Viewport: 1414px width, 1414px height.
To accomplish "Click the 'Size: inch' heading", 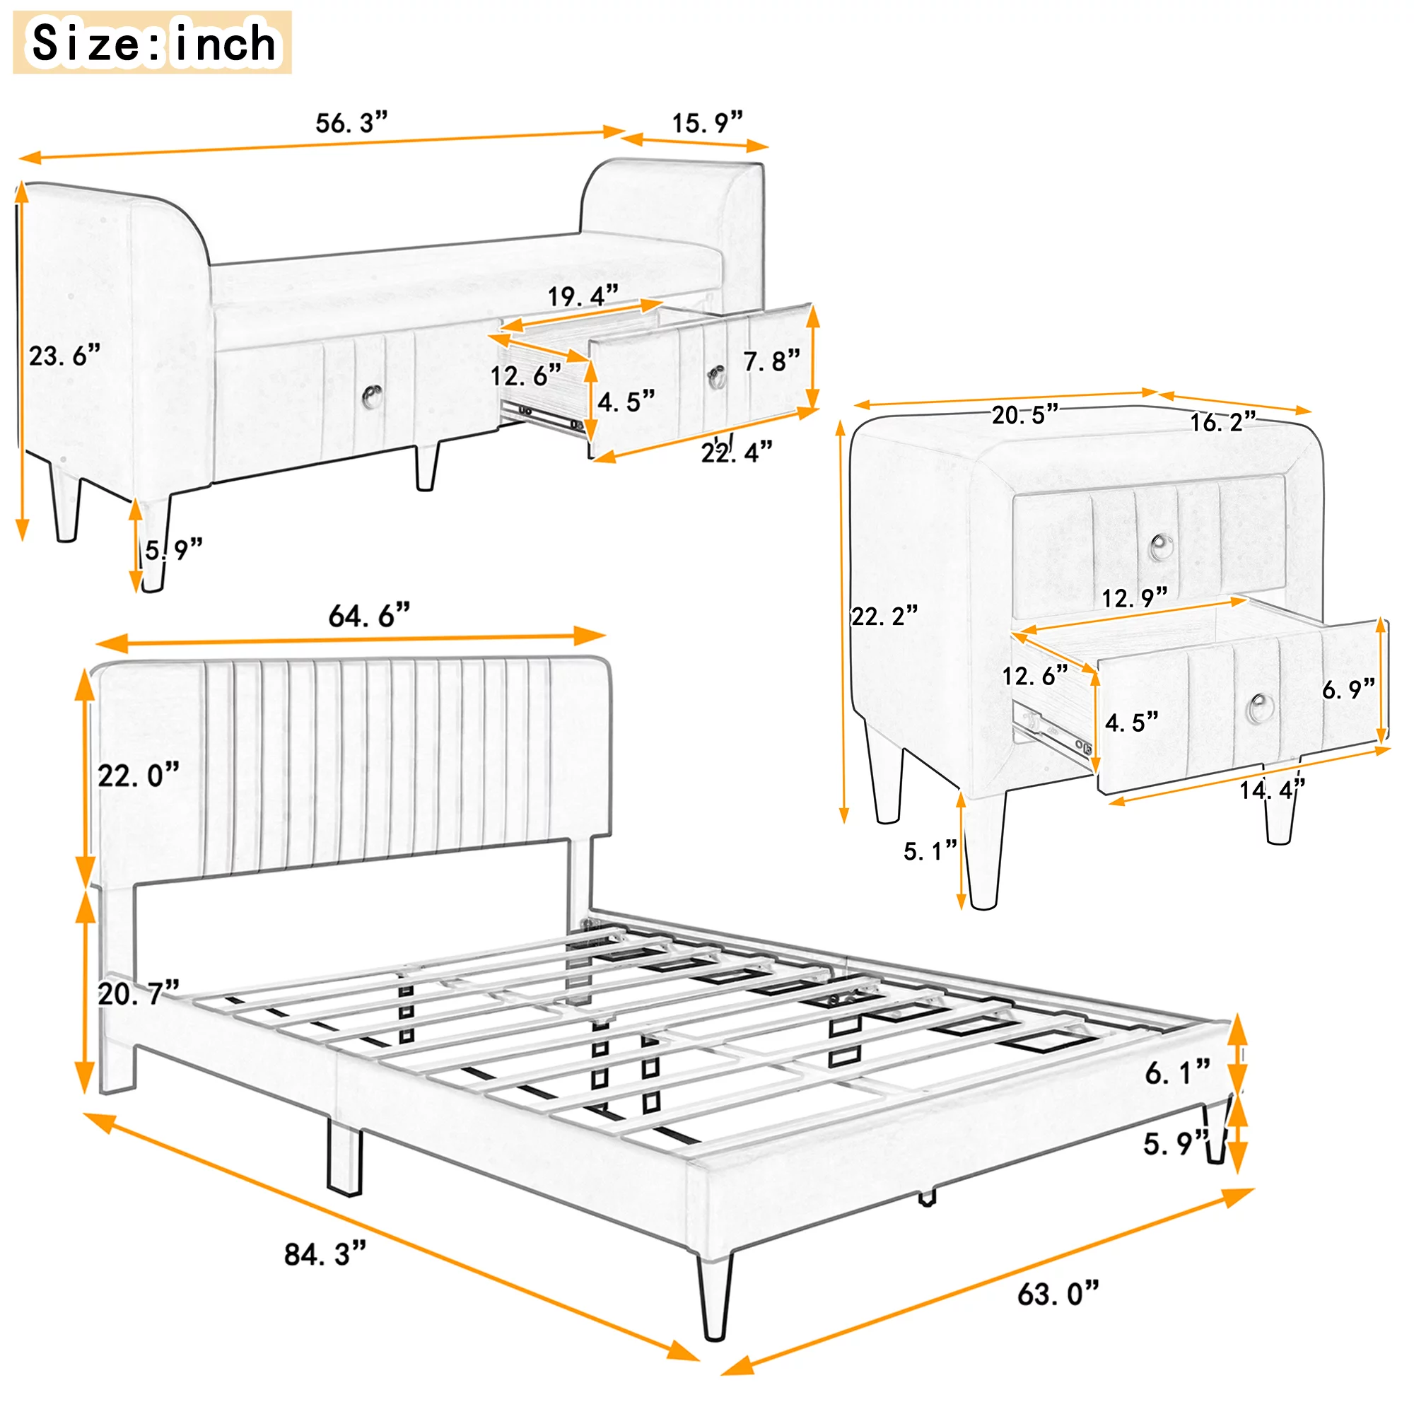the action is pos(153,42).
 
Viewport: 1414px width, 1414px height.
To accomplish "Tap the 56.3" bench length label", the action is pos(351,122).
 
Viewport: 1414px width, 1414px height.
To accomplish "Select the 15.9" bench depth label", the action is pos(708,122).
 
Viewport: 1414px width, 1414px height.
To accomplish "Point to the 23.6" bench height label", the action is pos(64,356).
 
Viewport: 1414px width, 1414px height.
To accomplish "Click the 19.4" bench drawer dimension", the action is pos(583,296).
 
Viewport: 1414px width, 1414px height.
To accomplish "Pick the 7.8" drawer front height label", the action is pos(772,361).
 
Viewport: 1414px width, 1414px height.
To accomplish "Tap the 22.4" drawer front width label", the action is pos(736,452).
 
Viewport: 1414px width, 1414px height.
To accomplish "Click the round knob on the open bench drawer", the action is pos(717,377).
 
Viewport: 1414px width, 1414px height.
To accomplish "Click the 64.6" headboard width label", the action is pos(369,616).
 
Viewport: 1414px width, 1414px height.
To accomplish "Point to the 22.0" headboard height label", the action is pos(139,775).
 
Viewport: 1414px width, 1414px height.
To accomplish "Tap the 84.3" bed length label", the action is pos(325,1254).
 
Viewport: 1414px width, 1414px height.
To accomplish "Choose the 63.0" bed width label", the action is pos(1058,1294).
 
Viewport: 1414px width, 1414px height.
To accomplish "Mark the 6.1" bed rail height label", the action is pos(1178,1073).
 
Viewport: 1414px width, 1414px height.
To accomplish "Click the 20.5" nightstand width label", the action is pos(1024,415).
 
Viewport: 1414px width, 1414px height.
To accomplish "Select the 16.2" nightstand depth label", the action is pos(1223,421).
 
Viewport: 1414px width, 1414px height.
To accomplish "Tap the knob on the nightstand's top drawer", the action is pos(1161,547).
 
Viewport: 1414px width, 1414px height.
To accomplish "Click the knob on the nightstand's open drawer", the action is pos(1260,706).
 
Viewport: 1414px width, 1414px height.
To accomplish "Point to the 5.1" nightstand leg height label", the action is pos(930,851).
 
